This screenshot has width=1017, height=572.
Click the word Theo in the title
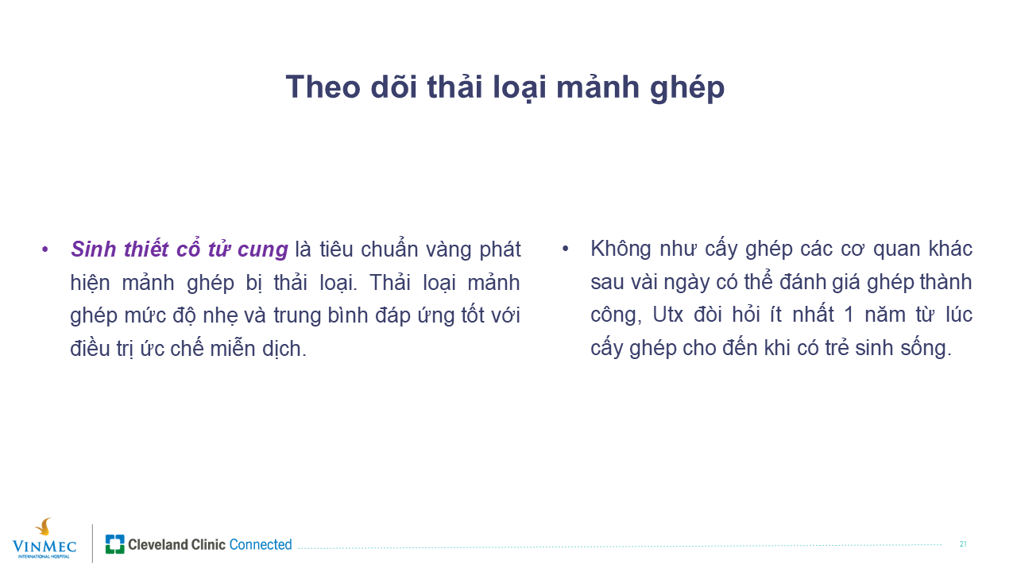pos(323,87)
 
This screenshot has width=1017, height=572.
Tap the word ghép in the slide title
pos(687,87)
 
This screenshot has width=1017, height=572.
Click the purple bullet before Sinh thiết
pos(44,249)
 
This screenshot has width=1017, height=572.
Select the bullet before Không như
pos(565,249)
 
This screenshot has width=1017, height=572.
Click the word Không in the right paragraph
pos(621,249)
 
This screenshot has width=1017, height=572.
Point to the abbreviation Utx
pos(668,315)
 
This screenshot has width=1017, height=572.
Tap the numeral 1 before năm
pos(848,315)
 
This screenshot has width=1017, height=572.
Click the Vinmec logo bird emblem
pos(44,528)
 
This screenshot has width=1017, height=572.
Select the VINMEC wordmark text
pos(44,546)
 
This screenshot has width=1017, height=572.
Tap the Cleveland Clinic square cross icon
pos(114,544)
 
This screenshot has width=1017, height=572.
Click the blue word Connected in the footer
pos(261,544)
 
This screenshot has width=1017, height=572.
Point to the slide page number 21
pos(963,544)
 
